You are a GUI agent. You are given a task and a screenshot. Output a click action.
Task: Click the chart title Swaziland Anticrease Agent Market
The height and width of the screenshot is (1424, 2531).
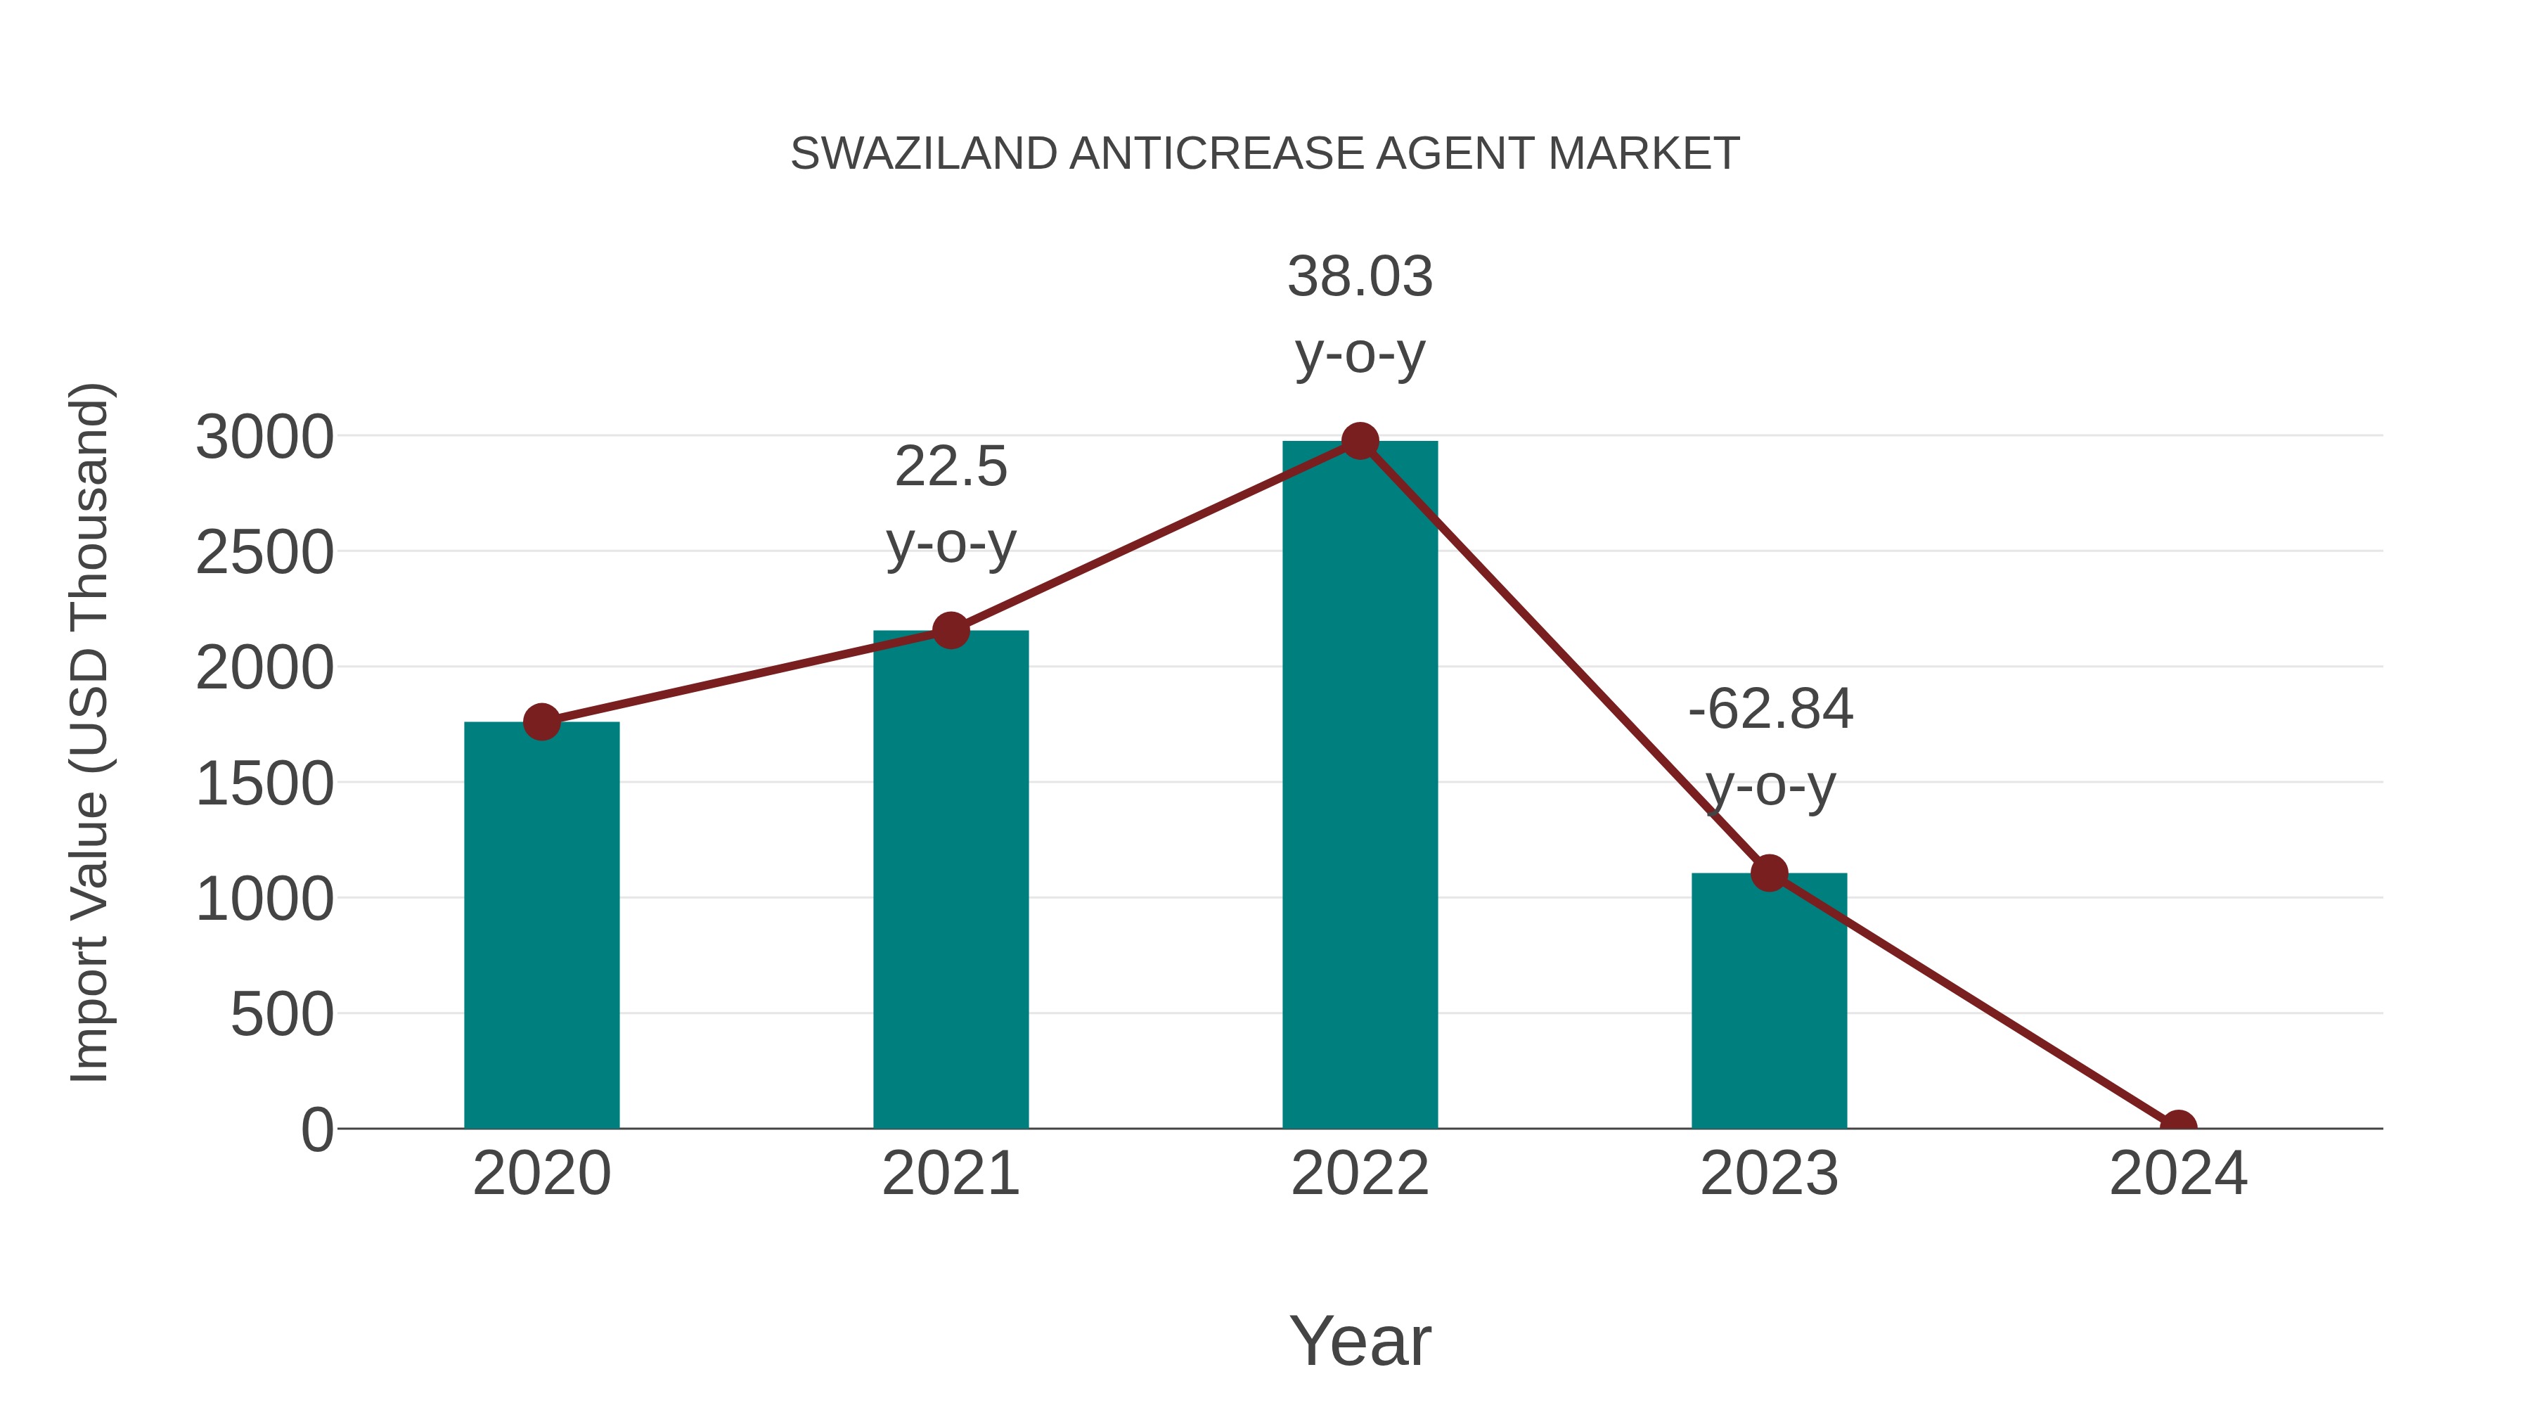1265,154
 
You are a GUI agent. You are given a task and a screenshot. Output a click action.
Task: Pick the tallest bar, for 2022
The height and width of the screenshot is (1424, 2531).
1360,786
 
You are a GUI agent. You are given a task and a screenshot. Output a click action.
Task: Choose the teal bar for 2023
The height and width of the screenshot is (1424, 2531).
1769,1002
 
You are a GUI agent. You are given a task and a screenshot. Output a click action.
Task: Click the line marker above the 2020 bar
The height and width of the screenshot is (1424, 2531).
541,722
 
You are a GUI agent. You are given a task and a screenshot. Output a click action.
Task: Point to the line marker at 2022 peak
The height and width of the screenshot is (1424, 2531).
1360,441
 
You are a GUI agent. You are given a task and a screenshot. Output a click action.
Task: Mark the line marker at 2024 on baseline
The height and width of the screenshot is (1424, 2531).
2178,1127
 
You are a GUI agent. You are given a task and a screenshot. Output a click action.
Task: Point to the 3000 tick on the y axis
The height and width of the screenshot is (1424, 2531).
265,437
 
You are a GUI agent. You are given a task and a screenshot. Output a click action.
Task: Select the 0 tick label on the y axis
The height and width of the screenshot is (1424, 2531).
317,1130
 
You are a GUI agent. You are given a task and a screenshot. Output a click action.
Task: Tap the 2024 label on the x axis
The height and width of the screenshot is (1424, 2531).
2178,1174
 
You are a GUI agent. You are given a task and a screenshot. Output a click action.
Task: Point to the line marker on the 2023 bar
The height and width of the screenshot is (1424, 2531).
1769,873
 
